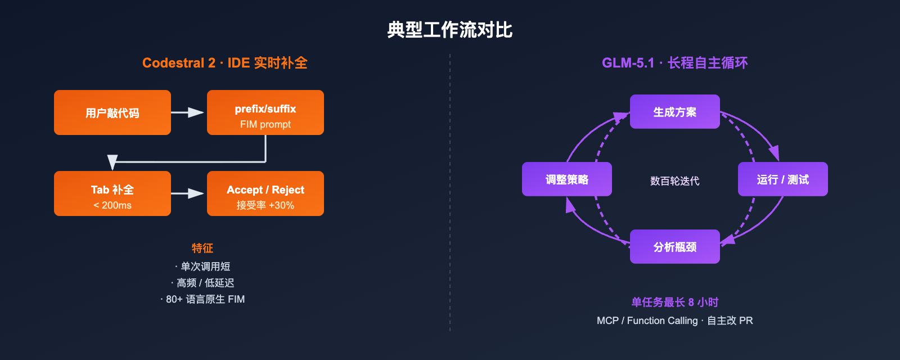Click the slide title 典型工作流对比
tap(449, 30)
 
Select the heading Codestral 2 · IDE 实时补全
tap(224, 63)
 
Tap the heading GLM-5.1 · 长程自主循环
tap(674, 63)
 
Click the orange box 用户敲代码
tap(112, 112)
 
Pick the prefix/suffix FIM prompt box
tap(265, 112)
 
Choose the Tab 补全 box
tap(112, 193)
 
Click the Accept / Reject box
tap(265, 193)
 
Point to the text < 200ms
tap(112, 206)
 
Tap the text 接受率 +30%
tap(265, 206)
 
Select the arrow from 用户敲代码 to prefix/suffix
tap(188, 112)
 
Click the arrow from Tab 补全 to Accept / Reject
tap(188, 193)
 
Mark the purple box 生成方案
tap(674, 112)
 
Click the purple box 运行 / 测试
tap(782, 179)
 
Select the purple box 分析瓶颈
tap(674, 247)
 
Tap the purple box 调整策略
tap(566, 179)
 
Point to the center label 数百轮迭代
tap(674, 181)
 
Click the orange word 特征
tap(202, 248)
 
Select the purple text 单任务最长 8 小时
tap(674, 303)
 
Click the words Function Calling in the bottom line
tap(662, 321)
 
